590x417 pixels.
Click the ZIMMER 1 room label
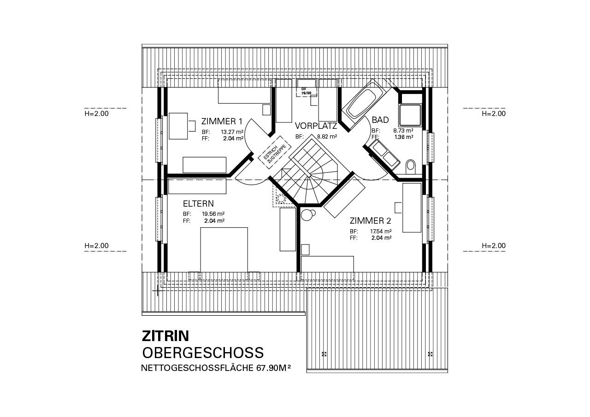pos(222,122)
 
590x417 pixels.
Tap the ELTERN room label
pos(198,204)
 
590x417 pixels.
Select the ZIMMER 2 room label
pos(370,221)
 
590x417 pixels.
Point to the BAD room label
pos(380,120)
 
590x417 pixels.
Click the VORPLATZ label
pos(316,126)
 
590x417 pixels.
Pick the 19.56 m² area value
pos(213,214)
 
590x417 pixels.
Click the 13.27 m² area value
pos(232,132)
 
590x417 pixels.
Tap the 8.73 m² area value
pos(403,130)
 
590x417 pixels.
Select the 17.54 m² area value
pos(381,232)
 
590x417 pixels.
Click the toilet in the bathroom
pos(410,167)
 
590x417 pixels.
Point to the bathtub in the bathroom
pos(363,104)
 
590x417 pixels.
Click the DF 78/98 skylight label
pos(306,91)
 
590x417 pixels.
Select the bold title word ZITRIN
pos(165,336)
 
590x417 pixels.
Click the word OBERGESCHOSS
pos(203,353)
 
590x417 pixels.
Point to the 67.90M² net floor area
pos(274,368)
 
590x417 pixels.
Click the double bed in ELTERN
pos(224,250)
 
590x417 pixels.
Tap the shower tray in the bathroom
pos(410,115)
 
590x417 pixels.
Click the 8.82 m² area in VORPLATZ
pos(327,137)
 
